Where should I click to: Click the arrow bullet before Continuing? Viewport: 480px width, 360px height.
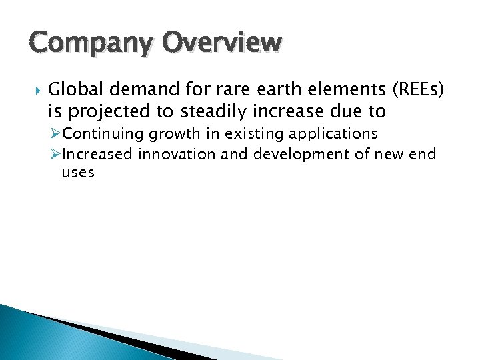55,134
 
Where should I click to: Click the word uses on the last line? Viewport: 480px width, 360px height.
78,173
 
